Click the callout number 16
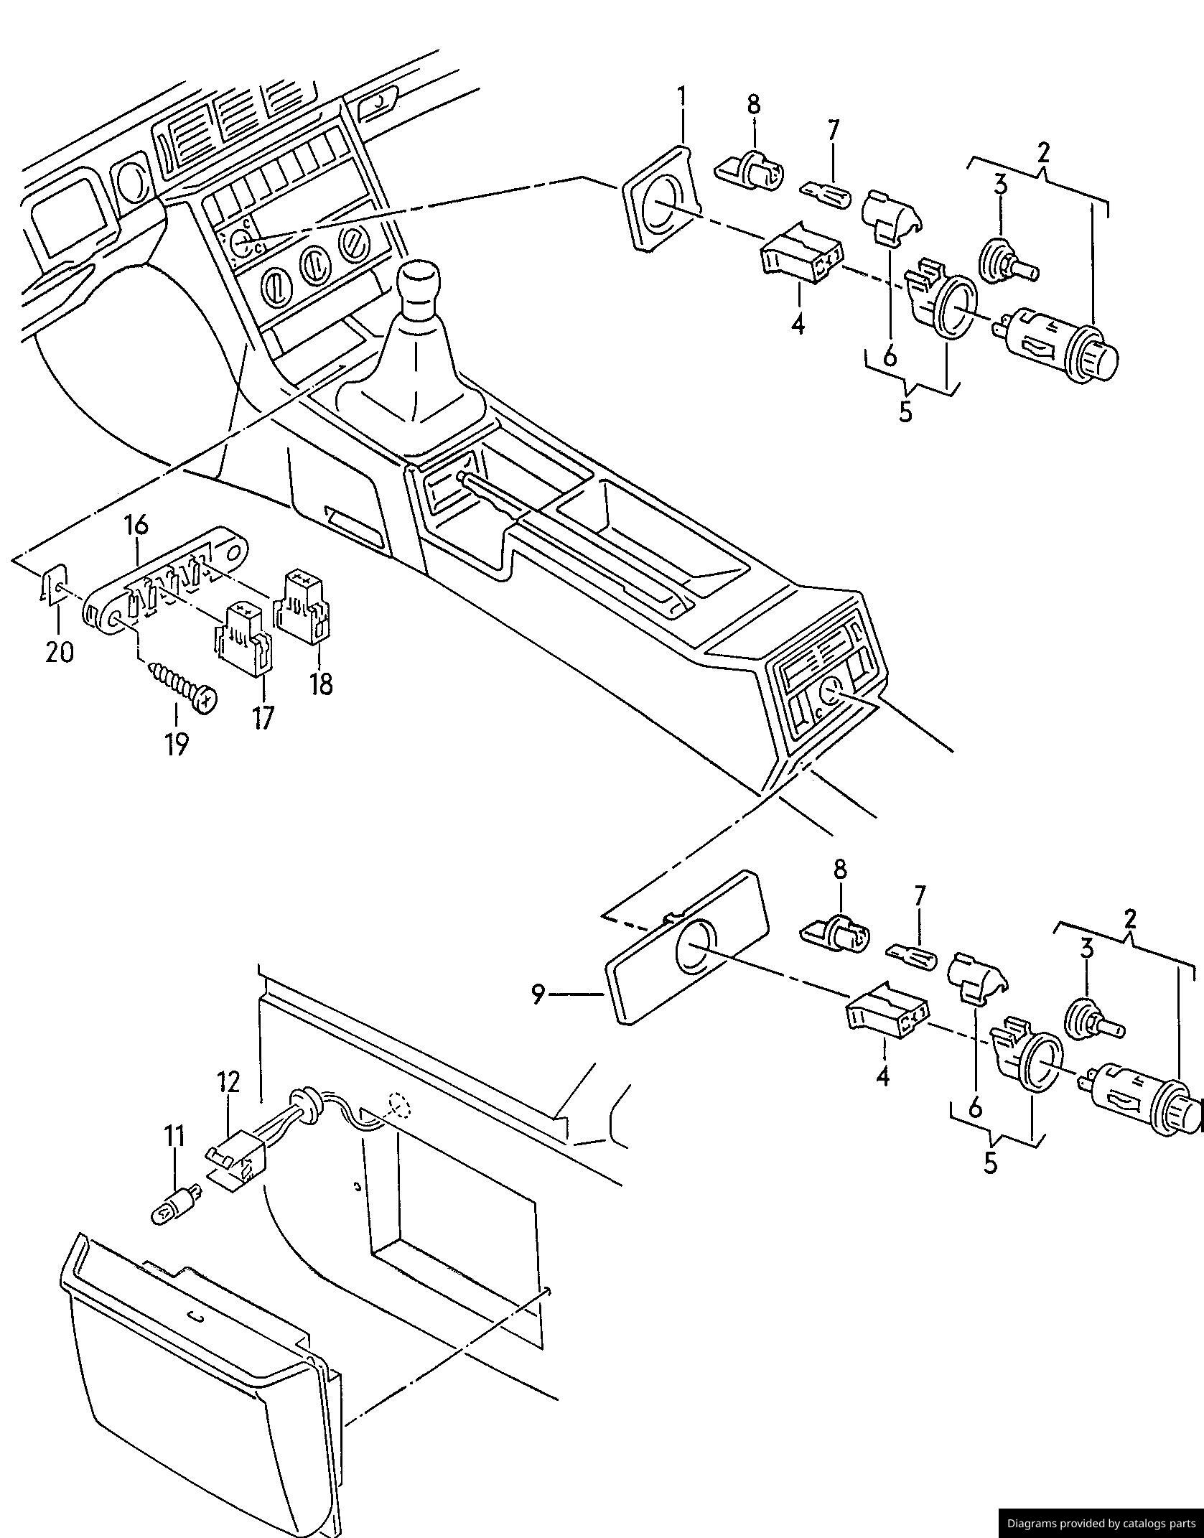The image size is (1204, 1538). click(136, 526)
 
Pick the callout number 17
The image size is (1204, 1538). click(263, 717)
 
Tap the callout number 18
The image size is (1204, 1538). click(321, 684)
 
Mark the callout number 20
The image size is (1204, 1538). click(60, 652)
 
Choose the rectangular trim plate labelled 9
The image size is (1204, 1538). click(687, 946)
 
